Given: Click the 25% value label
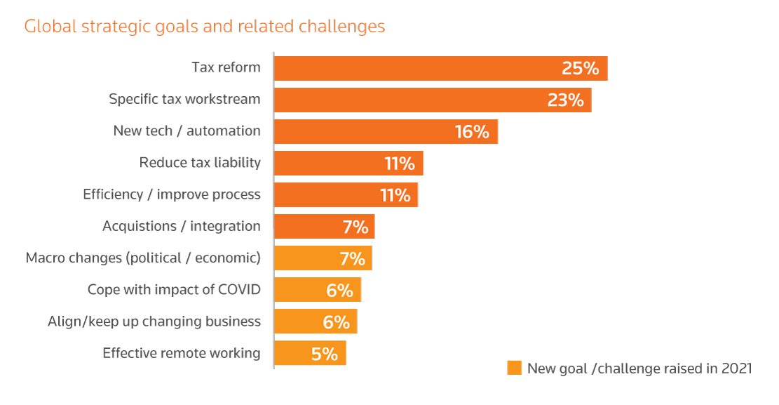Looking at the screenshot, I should click(x=580, y=69).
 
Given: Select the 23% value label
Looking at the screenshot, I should click(x=565, y=100).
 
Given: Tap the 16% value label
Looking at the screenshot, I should click(x=472, y=131).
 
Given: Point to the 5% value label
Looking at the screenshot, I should click(x=325, y=354).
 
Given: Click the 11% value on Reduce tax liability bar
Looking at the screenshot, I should click(x=400, y=164).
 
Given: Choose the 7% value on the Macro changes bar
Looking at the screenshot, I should click(x=353, y=258).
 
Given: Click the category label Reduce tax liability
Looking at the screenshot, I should click(x=200, y=163).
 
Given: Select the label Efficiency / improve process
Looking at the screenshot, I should click(x=172, y=194).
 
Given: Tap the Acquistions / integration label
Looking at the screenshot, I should click(x=182, y=226).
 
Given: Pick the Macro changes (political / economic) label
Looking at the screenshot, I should click(x=143, y=258).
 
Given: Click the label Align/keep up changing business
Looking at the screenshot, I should click(x=154, y=321).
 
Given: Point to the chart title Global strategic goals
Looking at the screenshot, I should click(x=205, y=27).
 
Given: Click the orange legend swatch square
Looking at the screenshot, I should click(x=515, y=369).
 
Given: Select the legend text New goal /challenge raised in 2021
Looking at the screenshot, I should click(x=639, y=369).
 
